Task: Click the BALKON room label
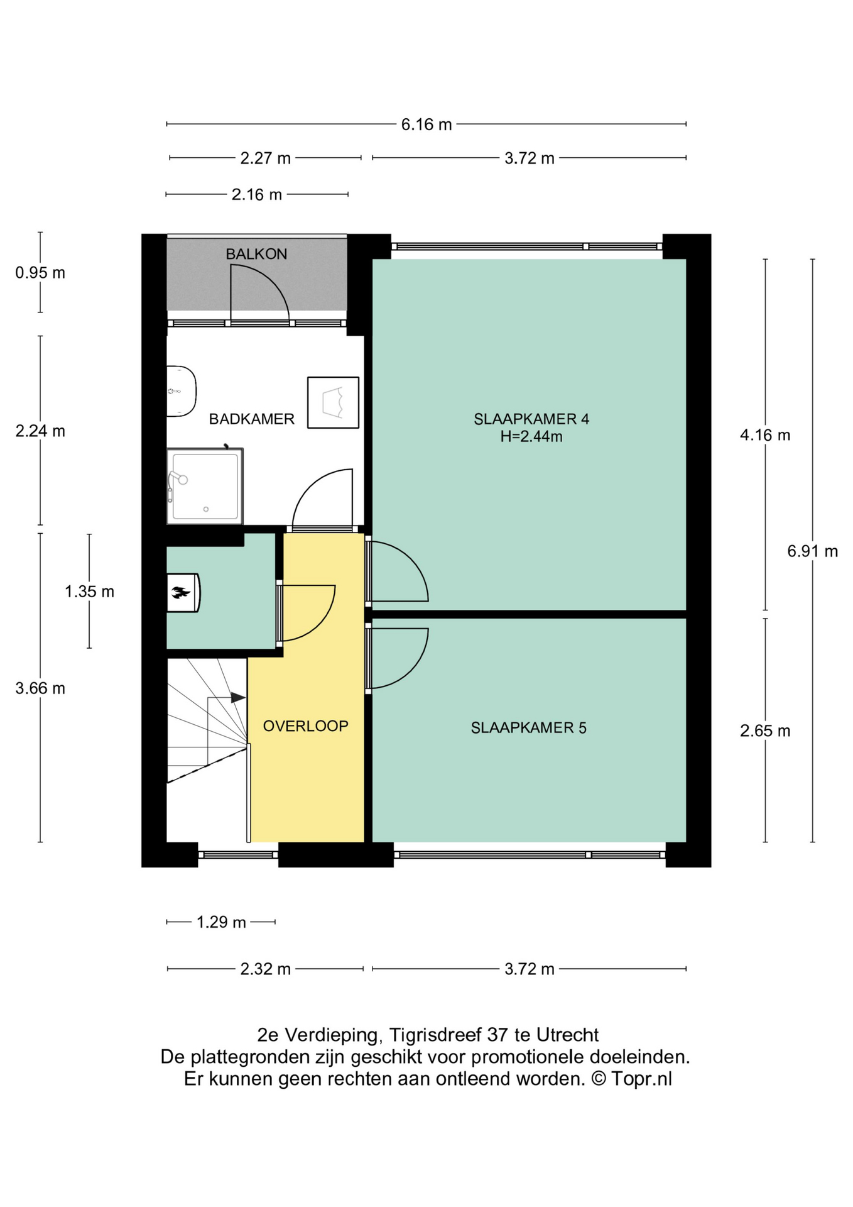click(x=256, y=254)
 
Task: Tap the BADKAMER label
click(x=251, y=419)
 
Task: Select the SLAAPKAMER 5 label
click(x=528, y=728)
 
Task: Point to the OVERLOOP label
click(x=305, y=726)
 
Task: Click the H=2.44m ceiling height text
click(x=531, y=436)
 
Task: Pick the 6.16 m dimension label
click(x=426, y=124)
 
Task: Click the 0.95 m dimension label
click(x=40, y=273)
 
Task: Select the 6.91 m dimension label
click(x=813, y=551)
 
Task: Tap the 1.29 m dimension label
click(x=221, y=922)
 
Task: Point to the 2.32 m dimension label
click(x=266, y=969)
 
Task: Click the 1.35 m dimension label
click(x=89, y=592)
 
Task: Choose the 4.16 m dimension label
click(x=765, y=435)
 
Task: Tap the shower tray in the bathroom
click(x=205, y=486)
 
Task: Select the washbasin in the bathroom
click(x=182, y=391)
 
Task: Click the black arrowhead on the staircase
click(x=238, y=698)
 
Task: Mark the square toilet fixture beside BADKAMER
click(x=333, y=403)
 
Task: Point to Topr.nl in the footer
click(x=641, y=1079)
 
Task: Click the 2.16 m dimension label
click(x=257, y=195)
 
